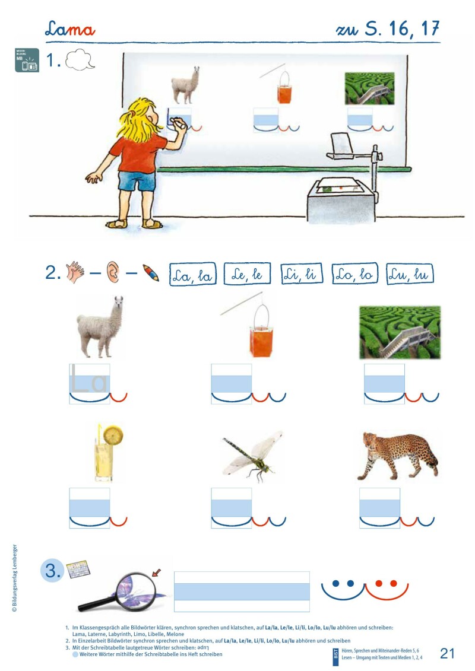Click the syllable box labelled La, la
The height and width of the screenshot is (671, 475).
pos(193,274)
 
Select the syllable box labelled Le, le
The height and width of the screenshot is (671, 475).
pos(247,274)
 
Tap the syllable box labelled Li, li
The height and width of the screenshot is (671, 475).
pos(301,274)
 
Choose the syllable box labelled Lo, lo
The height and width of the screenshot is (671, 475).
pos(353,274)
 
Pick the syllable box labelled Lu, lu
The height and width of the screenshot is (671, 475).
pos(409,274)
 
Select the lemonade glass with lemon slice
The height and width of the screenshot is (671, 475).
pos(105,454)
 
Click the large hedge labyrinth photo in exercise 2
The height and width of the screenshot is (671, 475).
pos(400,332)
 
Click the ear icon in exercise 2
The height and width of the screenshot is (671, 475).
pos(112,274)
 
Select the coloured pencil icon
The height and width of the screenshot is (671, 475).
pos(151,274)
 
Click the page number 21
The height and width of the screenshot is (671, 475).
pos(447,653)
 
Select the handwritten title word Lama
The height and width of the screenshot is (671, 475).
pos(70,29)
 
